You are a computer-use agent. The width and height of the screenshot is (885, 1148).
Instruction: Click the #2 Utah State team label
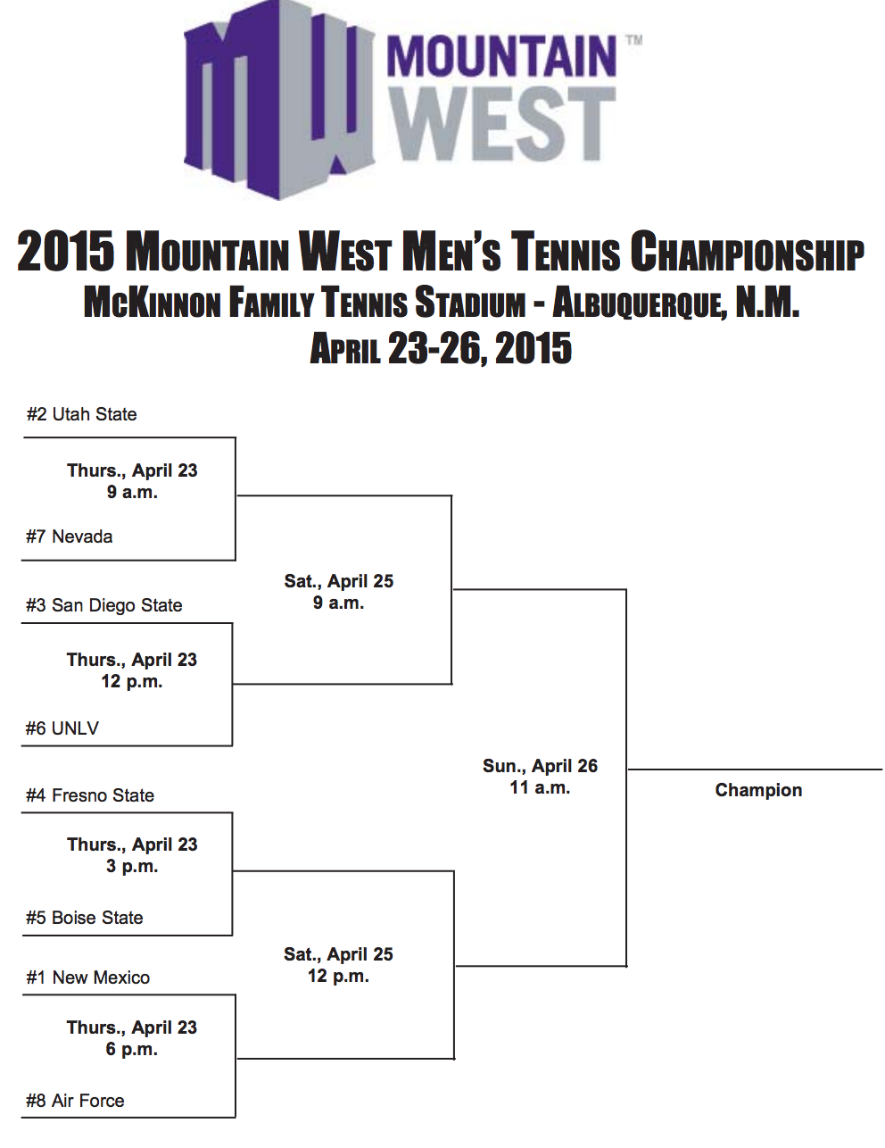(81, 414)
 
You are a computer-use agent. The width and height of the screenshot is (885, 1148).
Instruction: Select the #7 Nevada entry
(69, 537)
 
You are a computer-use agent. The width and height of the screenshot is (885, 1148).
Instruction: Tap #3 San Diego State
(103, 605)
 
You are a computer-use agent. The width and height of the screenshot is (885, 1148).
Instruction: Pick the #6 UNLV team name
(62, 728)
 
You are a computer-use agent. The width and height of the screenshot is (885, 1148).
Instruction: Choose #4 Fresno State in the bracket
(89, 795)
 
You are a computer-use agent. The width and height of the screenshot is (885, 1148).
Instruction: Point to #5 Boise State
(84, 918)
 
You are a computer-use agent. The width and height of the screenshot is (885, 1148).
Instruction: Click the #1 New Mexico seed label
(87, 977)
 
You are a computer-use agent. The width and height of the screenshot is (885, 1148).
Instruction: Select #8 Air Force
(75, 1101)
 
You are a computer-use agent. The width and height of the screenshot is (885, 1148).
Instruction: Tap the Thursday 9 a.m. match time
(132, 481)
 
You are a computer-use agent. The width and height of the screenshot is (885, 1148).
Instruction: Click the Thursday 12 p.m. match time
(132, 670)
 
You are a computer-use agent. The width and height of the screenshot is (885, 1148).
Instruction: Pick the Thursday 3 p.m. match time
(132, 855)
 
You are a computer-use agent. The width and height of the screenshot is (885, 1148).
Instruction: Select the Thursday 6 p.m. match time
(132, 1038)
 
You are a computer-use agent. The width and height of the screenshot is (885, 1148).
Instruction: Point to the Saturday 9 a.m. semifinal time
(338, 592)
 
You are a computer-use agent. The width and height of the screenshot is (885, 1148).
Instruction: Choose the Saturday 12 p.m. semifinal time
(338, 965)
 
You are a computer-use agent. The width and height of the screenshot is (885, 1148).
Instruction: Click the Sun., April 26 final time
(540, 777)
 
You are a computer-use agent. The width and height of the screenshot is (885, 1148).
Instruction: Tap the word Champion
(758, 790)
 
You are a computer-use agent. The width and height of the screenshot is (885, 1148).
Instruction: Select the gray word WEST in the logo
(502, 124)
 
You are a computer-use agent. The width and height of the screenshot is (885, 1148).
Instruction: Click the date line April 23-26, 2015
(441, 348)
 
